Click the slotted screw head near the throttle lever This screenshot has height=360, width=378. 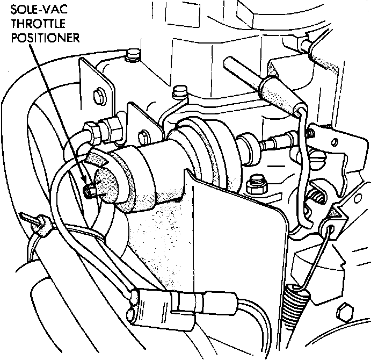click(318, 159)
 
